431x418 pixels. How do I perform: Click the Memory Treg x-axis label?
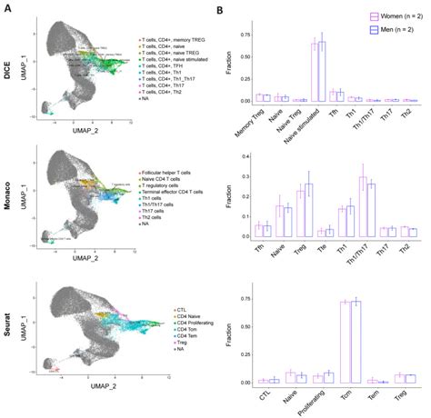tap(258, 118)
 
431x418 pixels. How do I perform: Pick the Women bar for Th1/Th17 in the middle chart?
tap(362, 208)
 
